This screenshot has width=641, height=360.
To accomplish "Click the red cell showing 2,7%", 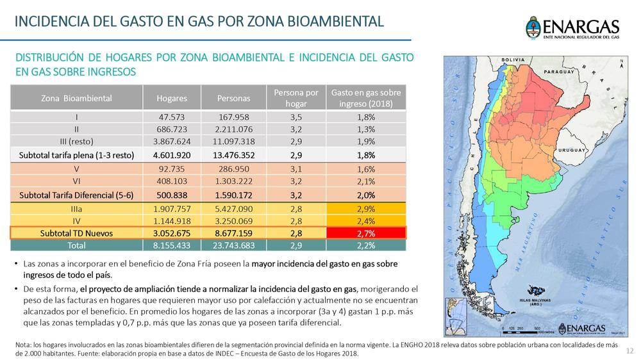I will click(366, 233).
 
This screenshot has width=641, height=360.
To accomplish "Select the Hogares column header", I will click(172, 99).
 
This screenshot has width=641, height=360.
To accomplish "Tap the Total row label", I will click(76, 245).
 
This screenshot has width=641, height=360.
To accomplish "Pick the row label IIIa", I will click(76, 209).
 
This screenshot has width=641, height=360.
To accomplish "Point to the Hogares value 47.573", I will click(172, 117).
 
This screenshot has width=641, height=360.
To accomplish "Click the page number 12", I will click(629, 350).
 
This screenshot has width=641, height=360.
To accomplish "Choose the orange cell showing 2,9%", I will click(366, 209).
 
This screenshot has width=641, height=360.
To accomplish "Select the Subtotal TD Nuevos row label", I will click(76, 233).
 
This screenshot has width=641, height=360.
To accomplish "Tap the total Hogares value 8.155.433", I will click(172, 245).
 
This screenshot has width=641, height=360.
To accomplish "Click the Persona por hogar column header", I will click(296, 99).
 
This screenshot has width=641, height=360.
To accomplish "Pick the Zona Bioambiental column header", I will click(76, 99).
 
